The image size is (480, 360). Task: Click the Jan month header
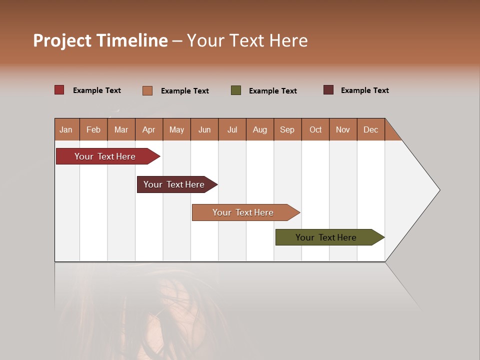(x=66, y=129)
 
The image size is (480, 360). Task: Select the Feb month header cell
(x=93, y=129)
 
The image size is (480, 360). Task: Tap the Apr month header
(x=149, y=129)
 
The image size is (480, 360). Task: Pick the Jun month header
(x=204, y=129)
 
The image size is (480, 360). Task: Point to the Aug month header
(x=260, y=129)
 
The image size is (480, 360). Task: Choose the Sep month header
(x=287, y=129)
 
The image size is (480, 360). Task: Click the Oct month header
(x=315, y=129)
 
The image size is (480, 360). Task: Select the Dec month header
(x=371, y=129)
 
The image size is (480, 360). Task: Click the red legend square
(x=59, y=90)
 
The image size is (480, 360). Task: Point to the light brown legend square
(x=147, y=90)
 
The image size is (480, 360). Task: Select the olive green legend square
(x=236, y=90)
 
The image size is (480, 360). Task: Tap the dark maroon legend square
(x=328, y=90)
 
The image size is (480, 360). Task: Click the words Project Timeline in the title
(x=100, y=40)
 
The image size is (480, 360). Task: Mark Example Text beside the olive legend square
(x=273, y=91)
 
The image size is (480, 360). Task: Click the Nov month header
(x=343, y=129)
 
